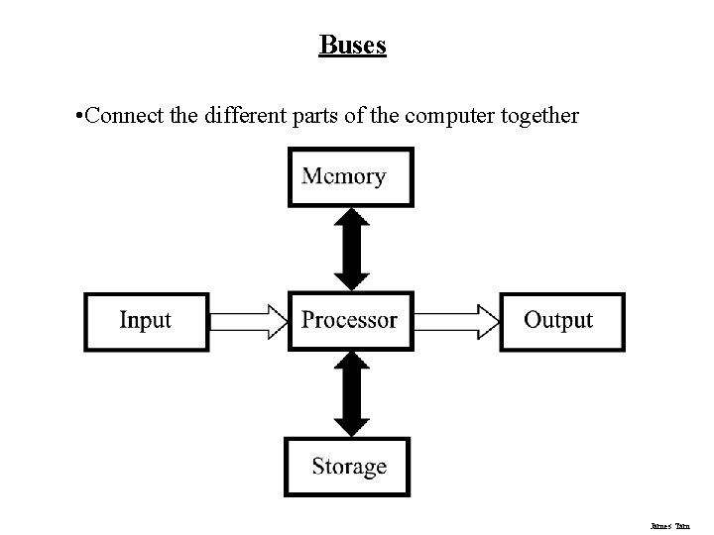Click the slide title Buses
click(352, 46)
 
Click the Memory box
click(350, 176)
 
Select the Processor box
click(349, 320)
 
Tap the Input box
click(146, 321)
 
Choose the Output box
click(561, 320)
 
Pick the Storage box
click(349, 466)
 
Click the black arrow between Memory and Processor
click(350, 249)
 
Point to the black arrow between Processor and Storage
click(350, 393)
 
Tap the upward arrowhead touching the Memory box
click(350, 218)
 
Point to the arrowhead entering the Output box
click(488, 320)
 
